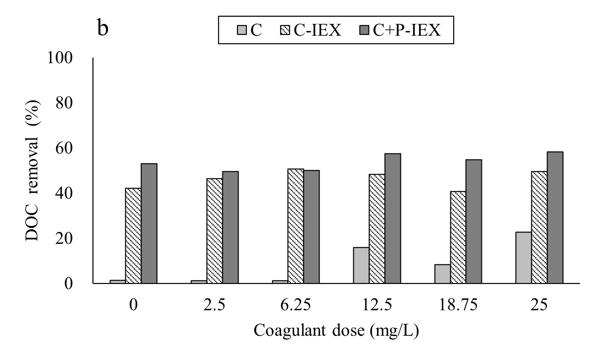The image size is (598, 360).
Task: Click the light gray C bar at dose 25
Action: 523,258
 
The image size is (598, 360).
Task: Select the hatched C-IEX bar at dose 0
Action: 133,235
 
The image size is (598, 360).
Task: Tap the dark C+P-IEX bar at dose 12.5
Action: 392,218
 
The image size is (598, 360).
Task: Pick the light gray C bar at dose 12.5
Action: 361,265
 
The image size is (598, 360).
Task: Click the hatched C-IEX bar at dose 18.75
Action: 458,237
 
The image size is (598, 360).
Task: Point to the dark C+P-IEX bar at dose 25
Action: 555,218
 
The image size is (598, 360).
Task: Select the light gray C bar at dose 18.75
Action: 442,274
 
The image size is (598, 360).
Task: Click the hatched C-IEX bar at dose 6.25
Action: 295,226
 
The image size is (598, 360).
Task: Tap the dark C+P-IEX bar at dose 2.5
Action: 230,227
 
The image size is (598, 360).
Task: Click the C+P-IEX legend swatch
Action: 365,30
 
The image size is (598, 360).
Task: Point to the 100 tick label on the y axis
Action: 60,58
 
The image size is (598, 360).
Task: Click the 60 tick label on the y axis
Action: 64,148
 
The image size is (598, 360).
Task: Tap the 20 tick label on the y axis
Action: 64,239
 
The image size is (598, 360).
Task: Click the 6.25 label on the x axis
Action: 295,305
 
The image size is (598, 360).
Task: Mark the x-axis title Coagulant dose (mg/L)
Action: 336,331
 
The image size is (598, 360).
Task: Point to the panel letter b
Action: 102,29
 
